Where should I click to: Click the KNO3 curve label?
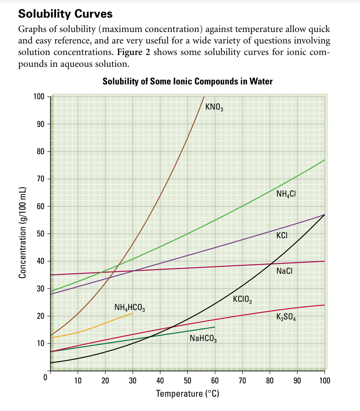click(214, 107)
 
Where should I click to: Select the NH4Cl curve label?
click(286, 195)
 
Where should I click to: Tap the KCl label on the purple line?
click(282, 236)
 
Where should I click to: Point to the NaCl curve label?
click(284, 271)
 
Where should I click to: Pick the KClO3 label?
click(242, 299)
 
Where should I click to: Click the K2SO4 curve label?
click(286, 317)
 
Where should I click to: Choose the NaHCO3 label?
click(203, 338)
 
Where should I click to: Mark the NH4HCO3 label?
click(130, 308)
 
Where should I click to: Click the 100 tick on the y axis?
click(38, 97)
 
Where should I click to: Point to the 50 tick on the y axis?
click(40, 234)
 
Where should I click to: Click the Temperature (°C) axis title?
click(188, 393)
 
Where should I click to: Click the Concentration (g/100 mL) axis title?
click(23, 233)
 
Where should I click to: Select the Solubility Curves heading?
click(65, 14)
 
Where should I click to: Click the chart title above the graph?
click(188, 82)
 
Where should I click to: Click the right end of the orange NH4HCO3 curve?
click(132, 313)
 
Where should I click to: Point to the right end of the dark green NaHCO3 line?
click(214, 327)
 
